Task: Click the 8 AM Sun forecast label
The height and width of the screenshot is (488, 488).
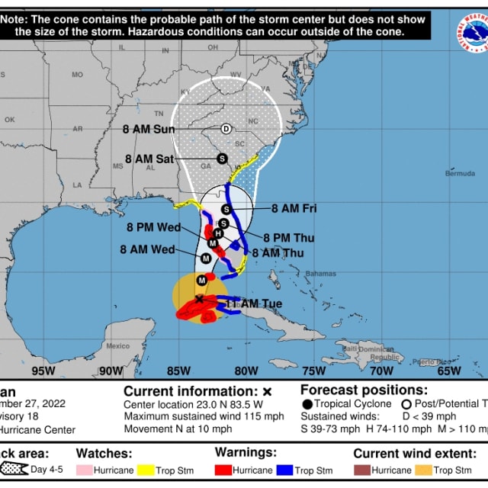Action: point(149,129)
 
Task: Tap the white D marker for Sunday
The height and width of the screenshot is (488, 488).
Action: point(226,129)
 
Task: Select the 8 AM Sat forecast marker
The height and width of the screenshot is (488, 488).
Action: point(222,159)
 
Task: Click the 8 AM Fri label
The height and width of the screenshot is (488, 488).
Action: point(294,208)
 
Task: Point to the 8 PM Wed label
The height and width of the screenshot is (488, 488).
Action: point(153,227)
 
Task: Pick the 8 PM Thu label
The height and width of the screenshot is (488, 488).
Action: point(289,238)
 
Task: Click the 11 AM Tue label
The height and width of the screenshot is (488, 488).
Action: point(254,303)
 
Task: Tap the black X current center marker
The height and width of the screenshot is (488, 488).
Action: point(200,300)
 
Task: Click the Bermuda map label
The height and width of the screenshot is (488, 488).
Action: point(460,173)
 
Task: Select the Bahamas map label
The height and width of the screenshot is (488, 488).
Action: point(320,273)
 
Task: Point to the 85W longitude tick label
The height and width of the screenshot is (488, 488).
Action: point(178,371)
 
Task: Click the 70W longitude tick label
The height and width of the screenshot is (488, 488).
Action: point(381,371)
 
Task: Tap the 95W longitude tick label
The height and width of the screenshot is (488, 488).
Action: point(43,371)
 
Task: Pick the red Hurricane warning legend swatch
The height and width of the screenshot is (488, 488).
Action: point(224,470)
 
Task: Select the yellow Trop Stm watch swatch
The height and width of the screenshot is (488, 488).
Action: point(146,470)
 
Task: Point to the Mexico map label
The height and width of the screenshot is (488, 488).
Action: point(118,345)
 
